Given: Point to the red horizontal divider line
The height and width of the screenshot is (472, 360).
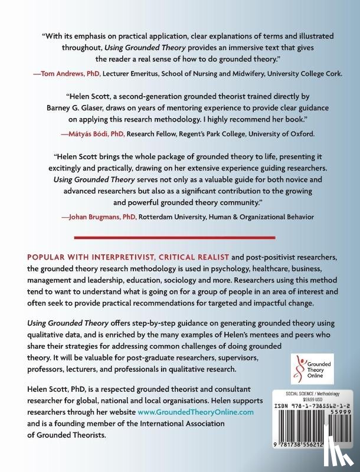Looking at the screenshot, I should click(x=180, y=240).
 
